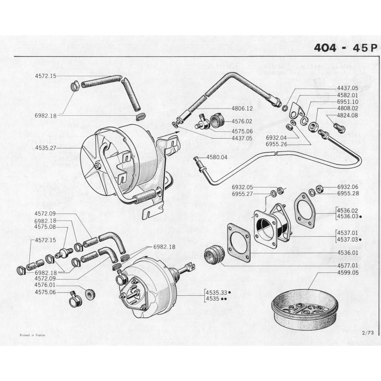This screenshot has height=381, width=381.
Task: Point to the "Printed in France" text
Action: [31, 335]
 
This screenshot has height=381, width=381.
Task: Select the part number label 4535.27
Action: [45, 148]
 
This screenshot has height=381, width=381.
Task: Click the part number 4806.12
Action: [242, 109]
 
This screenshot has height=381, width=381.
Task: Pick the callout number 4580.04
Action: [217, 157]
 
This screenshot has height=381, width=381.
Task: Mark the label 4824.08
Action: [347, 115]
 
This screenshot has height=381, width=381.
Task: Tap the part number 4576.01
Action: [45, 285]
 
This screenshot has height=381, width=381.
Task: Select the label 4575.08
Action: [45, 227]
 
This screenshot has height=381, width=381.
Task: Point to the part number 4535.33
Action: [216, 292]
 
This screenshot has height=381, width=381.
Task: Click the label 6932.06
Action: [347, 187]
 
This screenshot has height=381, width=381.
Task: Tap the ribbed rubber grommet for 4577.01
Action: [213, 256]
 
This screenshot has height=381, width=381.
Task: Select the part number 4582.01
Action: [347, 95]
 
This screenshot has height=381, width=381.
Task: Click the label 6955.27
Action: [242, 194]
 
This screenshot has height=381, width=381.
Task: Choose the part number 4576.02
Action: [242, 121]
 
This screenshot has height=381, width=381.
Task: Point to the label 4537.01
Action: [347, 233]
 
